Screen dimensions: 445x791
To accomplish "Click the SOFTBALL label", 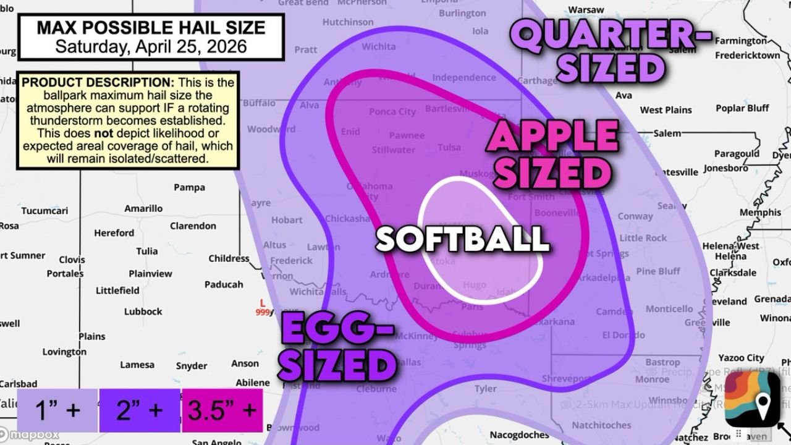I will click(462, 239).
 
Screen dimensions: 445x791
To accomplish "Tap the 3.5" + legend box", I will click(222, 410).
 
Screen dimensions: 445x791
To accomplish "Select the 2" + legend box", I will click(139, 410).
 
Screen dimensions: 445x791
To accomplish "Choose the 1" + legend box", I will click(57, 410).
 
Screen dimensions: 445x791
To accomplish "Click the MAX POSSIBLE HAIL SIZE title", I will click(151, 28).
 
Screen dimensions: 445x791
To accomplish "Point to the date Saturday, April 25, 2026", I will click(151, 46).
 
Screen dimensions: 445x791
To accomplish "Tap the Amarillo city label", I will click(143, 208).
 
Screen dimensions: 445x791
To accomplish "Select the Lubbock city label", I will click(143, 311).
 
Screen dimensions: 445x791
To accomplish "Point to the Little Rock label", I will click(643, 238).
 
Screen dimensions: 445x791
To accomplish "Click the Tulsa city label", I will click(449, 147).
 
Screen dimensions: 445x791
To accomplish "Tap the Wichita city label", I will click(379, 46).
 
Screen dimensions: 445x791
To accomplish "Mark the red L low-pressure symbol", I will click(263, 303).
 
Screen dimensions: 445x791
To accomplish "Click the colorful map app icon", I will click(752, 399).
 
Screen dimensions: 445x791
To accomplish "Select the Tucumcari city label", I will click(44, 211).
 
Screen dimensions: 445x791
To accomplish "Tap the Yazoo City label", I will click(741, 358).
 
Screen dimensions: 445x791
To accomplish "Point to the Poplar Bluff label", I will click(742, 108).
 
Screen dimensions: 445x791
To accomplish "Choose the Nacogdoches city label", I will click(519, 435).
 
